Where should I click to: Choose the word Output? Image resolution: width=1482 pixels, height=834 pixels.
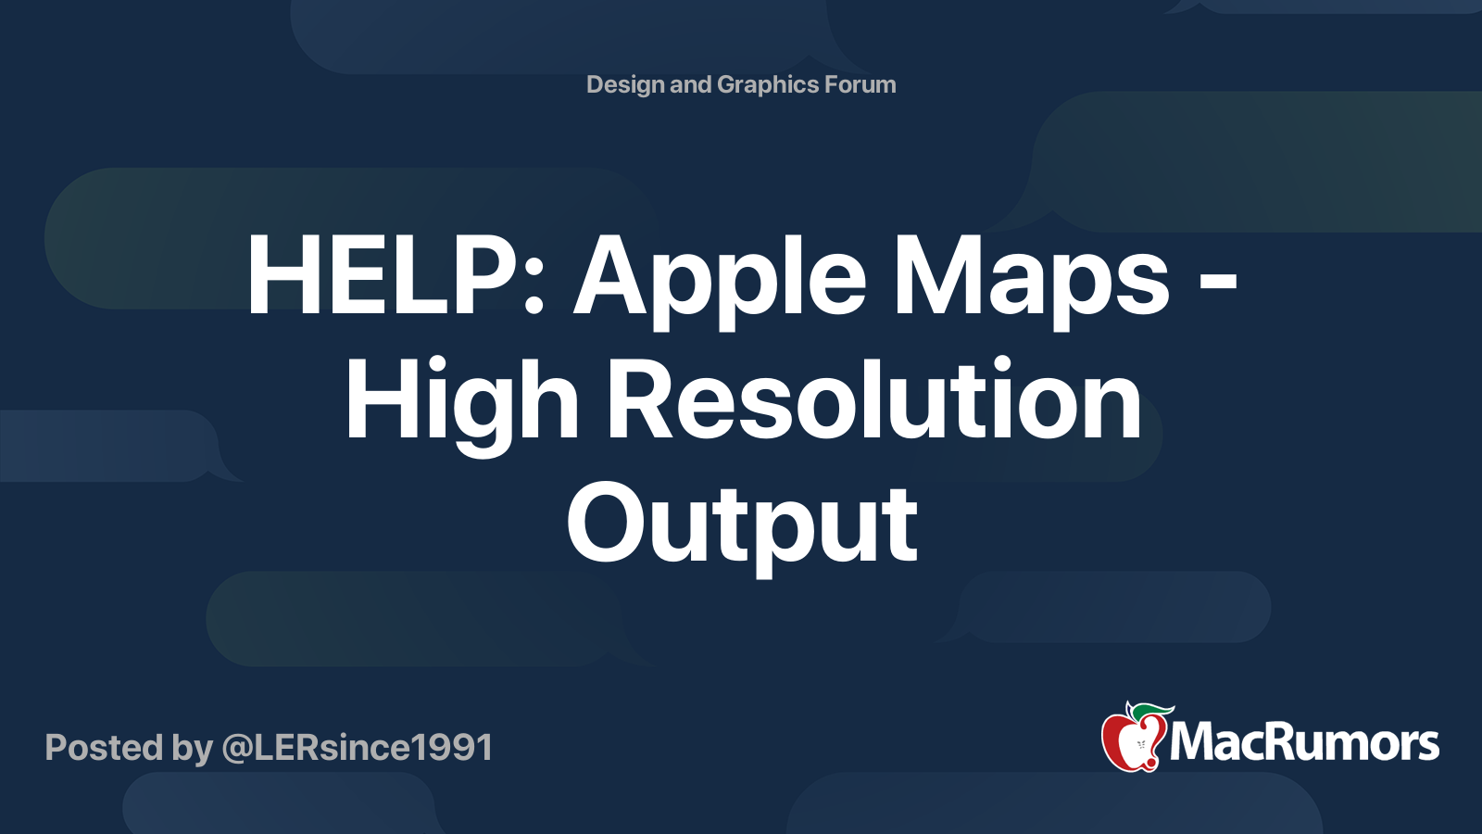[742, 525]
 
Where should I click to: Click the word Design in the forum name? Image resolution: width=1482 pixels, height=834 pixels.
[625, 84]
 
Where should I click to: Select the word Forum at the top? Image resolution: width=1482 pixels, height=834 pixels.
[860, 84]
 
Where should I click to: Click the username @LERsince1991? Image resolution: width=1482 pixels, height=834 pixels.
[357, 747]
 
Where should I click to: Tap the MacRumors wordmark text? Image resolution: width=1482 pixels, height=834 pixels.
[1304, 743]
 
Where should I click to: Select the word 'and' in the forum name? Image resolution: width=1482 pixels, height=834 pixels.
[690, 84]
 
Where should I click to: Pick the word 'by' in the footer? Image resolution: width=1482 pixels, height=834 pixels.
[192, 748]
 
